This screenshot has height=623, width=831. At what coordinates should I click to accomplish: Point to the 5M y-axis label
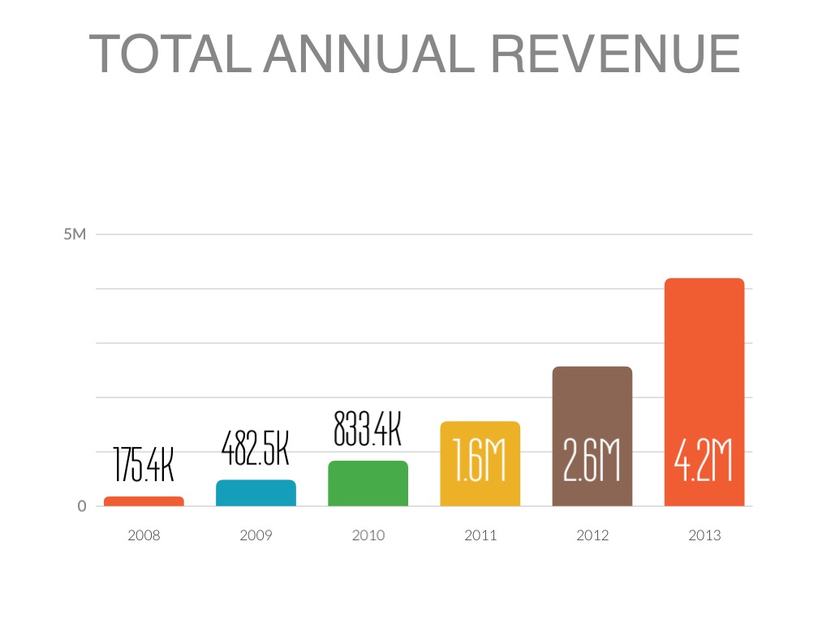[x=75, y=235]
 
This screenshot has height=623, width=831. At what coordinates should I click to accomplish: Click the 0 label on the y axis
[x=82, y=506]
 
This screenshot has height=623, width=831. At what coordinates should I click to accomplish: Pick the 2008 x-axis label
[x=144, y=535]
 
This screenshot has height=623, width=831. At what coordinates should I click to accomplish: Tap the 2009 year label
[x=256, y=535]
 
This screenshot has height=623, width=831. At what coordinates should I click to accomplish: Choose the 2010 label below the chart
[x=368, y=535]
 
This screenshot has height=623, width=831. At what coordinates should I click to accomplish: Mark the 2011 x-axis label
[x=480, y=535]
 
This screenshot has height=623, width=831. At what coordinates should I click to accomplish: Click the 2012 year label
[x=592, y=535]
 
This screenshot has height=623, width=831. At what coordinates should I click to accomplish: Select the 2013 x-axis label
[x=704, y=535]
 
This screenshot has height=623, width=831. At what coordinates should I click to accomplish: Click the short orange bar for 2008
[x=144, y=501]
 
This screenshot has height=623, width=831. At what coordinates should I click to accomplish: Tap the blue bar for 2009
[x=256, y=493]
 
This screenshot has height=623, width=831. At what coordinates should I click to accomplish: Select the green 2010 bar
[x=368, y=483]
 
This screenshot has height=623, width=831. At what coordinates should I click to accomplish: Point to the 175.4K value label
[x=144, y=464]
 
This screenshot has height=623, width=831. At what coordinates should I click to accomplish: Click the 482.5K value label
[x=256, y=446]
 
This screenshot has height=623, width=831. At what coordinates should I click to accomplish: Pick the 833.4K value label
[x=368, y=428]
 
